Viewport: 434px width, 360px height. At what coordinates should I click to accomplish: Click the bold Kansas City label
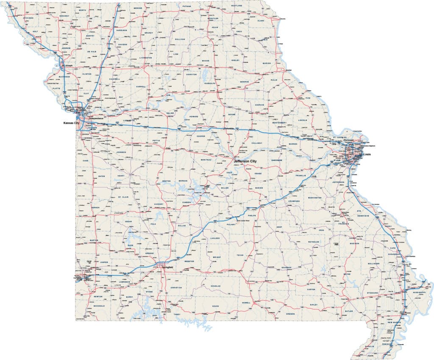coord(71,123)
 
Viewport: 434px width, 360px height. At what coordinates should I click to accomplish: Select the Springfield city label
coord(164,264)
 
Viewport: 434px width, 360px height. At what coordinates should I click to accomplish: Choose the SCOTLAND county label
coord(236,6)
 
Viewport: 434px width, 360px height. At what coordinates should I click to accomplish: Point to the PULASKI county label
coord(231,223)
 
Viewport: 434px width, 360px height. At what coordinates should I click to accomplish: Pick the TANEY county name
coord(177,314)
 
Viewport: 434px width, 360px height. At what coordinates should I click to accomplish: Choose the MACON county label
coord(206,61)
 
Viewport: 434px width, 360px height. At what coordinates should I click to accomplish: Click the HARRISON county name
coord(121,31)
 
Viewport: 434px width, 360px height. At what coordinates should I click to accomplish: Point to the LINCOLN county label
coord(302,120)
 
